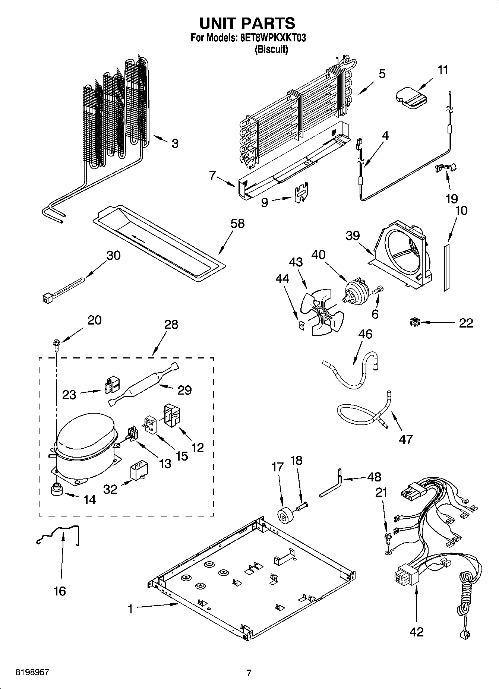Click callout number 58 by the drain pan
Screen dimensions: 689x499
237,224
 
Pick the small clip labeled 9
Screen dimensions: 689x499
301,193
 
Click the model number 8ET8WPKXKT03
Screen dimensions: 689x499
271,38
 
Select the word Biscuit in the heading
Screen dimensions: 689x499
271,49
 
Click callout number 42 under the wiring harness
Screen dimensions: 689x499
416,632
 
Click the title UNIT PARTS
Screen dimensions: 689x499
247,23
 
